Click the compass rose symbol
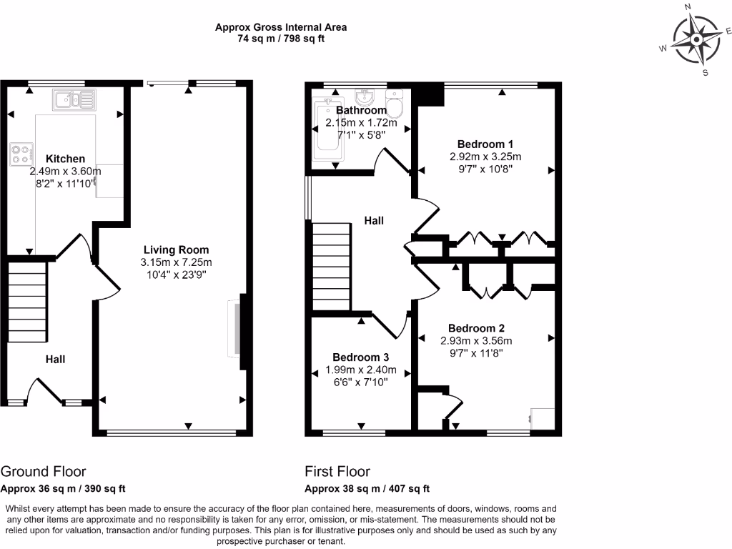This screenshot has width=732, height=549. pyautogui.click(x=694, y=39)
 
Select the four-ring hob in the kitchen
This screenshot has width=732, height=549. pyautogui.click(x=22, y=154)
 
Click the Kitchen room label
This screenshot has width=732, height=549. pyautogui.click(x=65, y=159)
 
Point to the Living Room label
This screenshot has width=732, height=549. pyautogui.click(x=176, y=249)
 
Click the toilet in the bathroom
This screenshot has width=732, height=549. pyautogui.click(x=395, y=104)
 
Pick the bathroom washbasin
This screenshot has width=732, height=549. pyautogui.click(x=365, y=97)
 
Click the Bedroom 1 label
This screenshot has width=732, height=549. pyautogui.click(x=485, y=144)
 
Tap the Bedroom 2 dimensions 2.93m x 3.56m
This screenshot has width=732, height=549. pyautogui.click(x=476, y=340)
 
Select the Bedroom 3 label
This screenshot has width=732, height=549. pyautogui.click(x=361, y=357)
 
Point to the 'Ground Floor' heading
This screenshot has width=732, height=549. pyautogui.click(x=44, y=471)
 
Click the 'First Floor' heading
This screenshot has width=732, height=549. pyautogui.click(x=337, y=471)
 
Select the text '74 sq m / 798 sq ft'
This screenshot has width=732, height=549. pyautogui.click(x=281, y=39)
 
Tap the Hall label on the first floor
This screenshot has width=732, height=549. pyautogui.click(x=374, y=221)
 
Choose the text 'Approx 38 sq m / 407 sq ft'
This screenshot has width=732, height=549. pyautogui.click(x=367, y=489)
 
